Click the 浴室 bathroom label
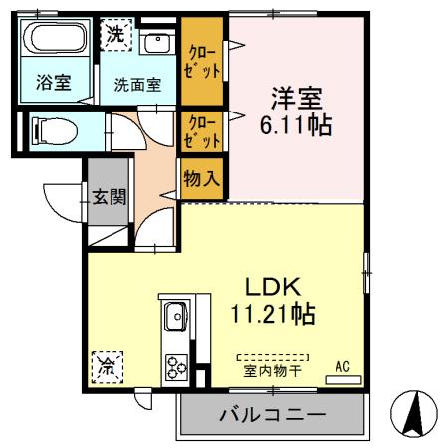pos(53,83)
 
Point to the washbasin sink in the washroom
pos(156,44)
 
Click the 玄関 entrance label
pos(109,196)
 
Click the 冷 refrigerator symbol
pos(104,366)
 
